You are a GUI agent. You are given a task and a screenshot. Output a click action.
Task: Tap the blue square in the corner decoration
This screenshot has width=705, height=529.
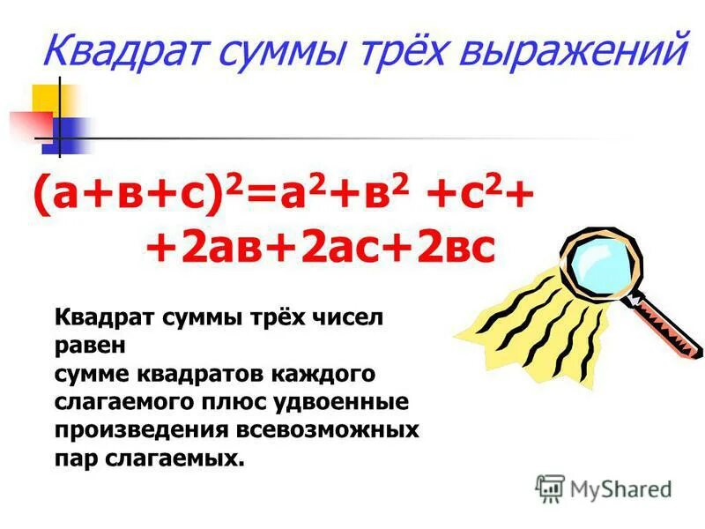click(70, 132)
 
